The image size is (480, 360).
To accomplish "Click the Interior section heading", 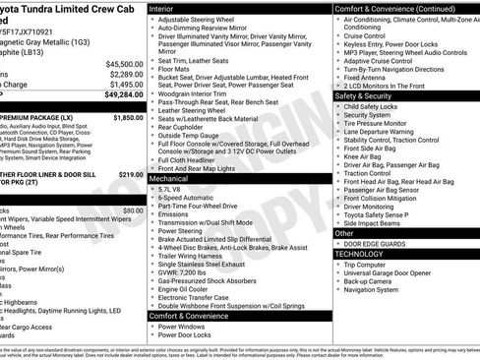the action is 167,8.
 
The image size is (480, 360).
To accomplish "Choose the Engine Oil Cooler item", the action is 187,289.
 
